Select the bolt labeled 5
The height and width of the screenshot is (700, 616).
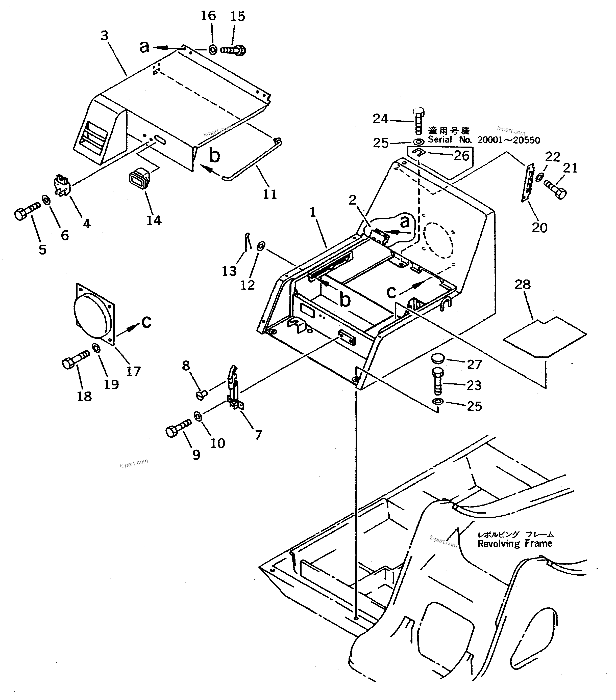(x=27, y=211)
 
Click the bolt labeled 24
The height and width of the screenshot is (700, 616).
(x=418, y=122)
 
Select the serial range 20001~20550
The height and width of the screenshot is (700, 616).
(x=509, y=140)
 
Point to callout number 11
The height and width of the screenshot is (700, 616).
(x=269, y=194)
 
